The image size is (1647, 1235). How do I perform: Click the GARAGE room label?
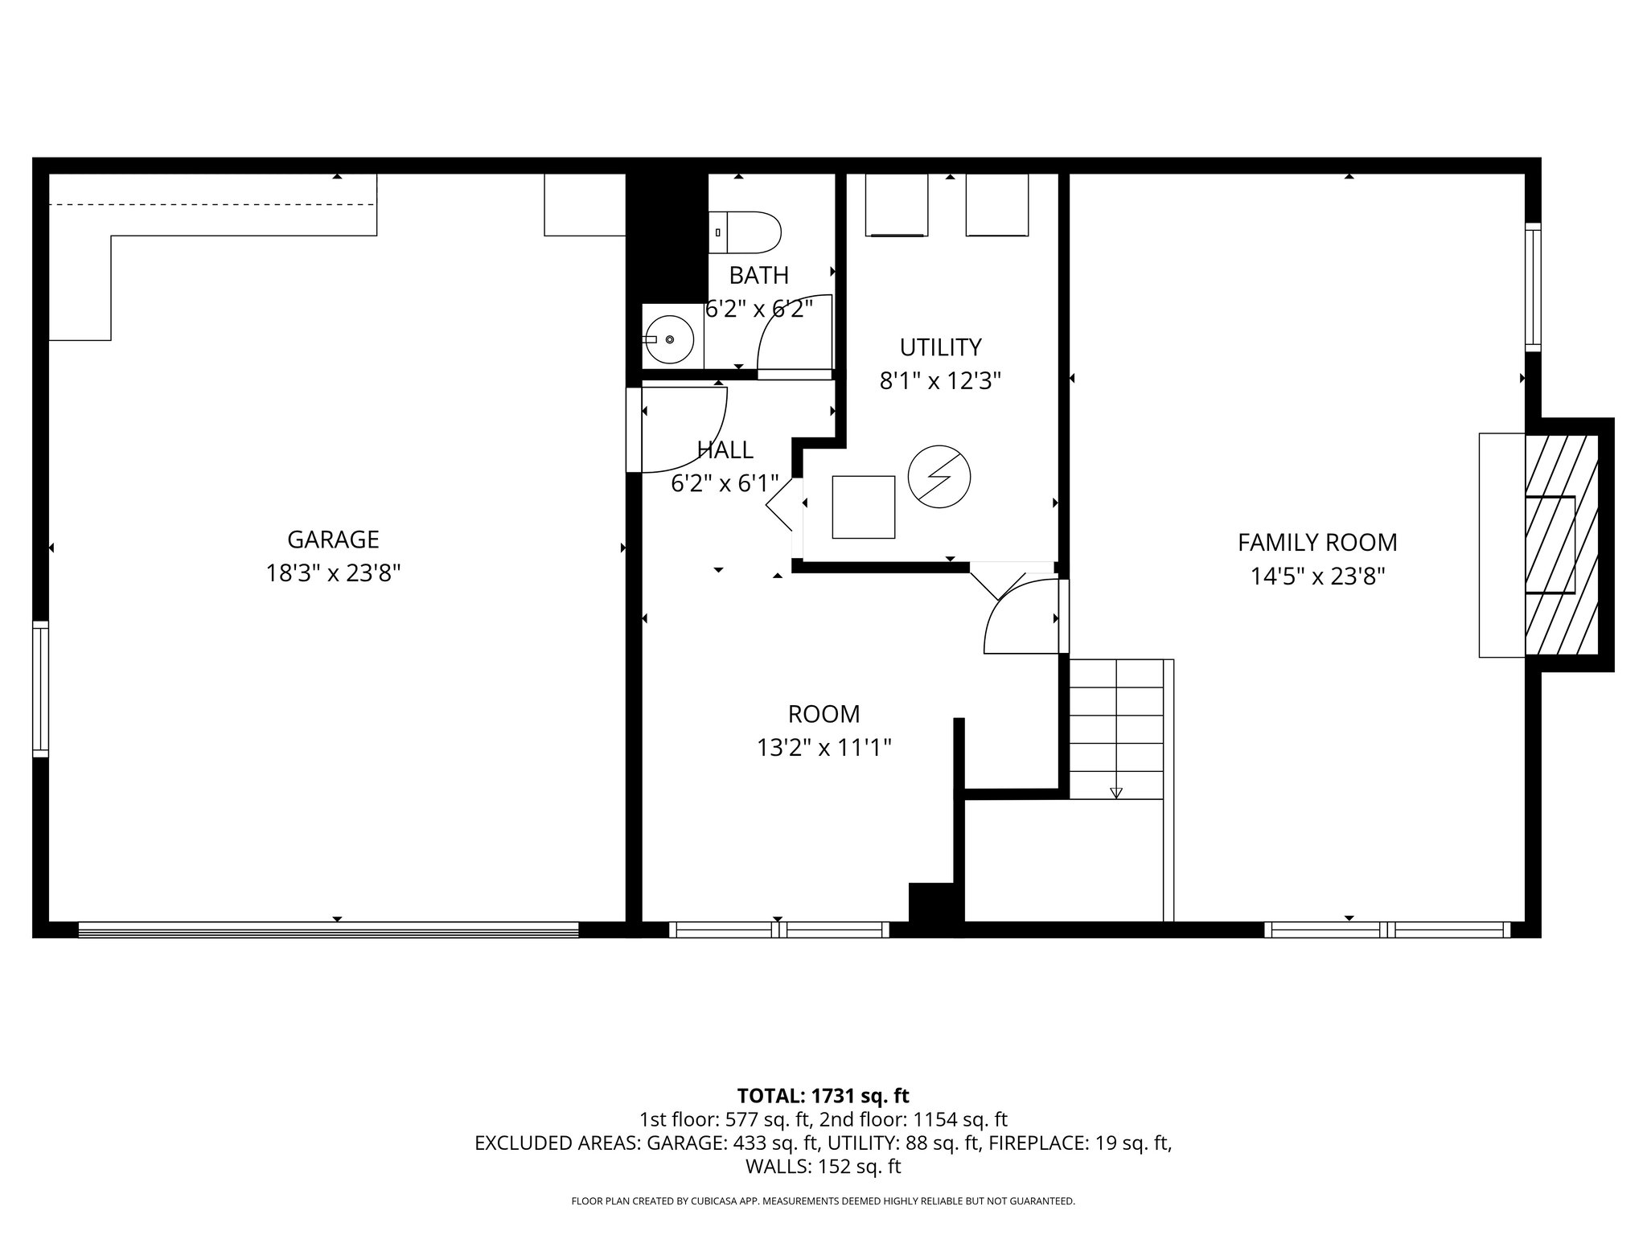tap(333, 540)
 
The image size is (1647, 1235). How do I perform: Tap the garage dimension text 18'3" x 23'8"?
tap(333, 573)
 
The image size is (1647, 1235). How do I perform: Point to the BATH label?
tap(758, 276)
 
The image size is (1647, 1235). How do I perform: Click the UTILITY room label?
tap(940, 347)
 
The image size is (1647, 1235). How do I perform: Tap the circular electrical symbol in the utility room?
tap(939, 477)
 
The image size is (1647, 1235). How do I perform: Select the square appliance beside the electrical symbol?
tap(863, 507)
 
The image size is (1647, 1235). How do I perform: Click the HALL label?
tap(725, 449)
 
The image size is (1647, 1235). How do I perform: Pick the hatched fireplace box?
tap(1561, 544)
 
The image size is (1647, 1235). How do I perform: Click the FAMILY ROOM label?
tap(1317, 543)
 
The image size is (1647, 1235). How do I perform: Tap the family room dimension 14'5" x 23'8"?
tap(1317, 576)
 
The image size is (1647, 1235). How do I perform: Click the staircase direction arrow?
tap(1115, 793)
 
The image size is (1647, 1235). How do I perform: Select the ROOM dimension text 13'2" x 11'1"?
tap(823, 749)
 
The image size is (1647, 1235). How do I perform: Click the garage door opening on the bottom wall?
tap(328, 930)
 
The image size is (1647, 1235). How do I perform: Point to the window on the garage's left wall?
tap(40, 689)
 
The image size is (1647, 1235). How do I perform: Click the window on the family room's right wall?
tap(1534, 287)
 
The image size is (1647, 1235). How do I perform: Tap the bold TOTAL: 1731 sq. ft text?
tap(823, 1096)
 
